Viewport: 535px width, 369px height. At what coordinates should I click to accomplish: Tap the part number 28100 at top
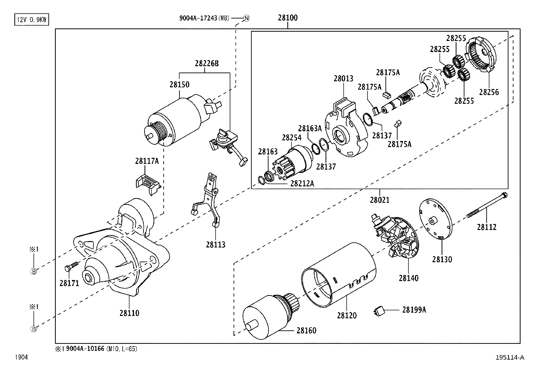287,18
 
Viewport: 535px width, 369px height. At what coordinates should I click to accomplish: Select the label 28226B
206,63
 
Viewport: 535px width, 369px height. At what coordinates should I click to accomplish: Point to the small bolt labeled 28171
70,267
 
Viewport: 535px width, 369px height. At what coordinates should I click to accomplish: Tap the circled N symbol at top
246,18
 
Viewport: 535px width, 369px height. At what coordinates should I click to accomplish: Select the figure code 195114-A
509,358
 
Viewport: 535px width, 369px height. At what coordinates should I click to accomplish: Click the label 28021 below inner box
379,200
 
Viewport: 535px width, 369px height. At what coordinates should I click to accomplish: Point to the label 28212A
302,183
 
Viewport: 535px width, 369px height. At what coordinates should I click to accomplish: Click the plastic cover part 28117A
148,183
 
